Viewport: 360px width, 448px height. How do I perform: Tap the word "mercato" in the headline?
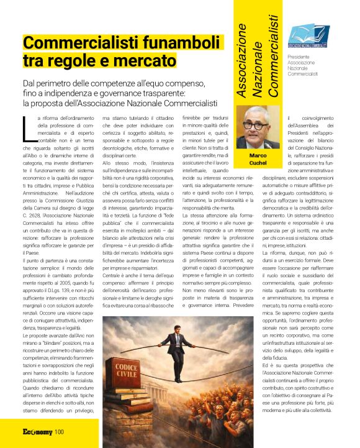point(142,61)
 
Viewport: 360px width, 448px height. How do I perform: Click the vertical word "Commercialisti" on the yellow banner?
point(272,55)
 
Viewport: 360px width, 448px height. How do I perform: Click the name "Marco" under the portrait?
point(258,156)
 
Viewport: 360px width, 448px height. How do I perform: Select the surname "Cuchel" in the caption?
point(258,163)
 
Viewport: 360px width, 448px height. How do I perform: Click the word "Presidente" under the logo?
point(300,57)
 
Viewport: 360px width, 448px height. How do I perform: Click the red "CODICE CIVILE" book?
point(127,372)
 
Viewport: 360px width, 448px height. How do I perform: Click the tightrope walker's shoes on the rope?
point(179,378)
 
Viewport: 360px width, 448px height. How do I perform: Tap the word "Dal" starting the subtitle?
point(30,83)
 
